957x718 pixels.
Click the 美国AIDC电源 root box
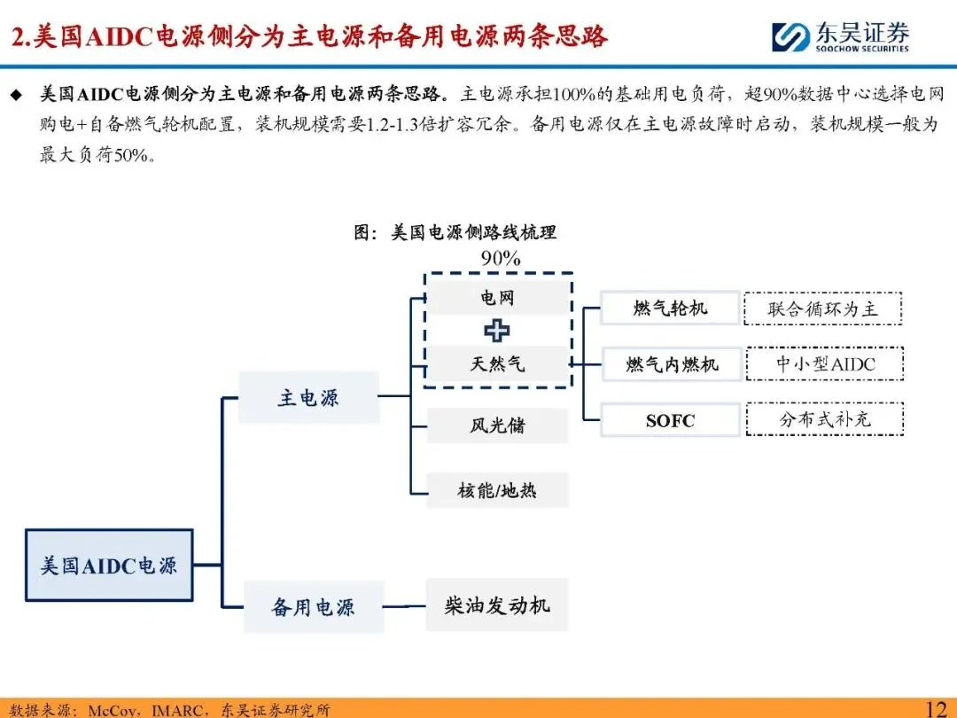click(x=109, y=565)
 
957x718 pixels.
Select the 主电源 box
click(x=308, y=398)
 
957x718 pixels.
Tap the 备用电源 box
click(x=313, y=607)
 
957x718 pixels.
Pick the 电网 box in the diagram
click(x=497, y=298)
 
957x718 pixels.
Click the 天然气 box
click(x=497, y=363)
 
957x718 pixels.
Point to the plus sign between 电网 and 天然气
click(x=497, y=331)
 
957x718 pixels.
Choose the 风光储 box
click(x=497, y=425)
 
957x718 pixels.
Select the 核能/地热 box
click(x=497, y=489)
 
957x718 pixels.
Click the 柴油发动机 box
click(x=497, y=605)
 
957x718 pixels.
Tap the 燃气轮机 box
click(x=670, y=308)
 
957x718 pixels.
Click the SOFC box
click(x=670, y=420)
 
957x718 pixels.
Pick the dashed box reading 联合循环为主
click(x=823, y=308)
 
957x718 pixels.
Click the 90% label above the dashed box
click(x=500, y=258)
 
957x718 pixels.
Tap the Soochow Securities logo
click(x=839, y=36)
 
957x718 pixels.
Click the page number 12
click(x=936, y=708)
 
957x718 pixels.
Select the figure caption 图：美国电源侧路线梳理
click(x=455, y=232)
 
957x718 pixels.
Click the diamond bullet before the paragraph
click(x=15, y=94)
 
